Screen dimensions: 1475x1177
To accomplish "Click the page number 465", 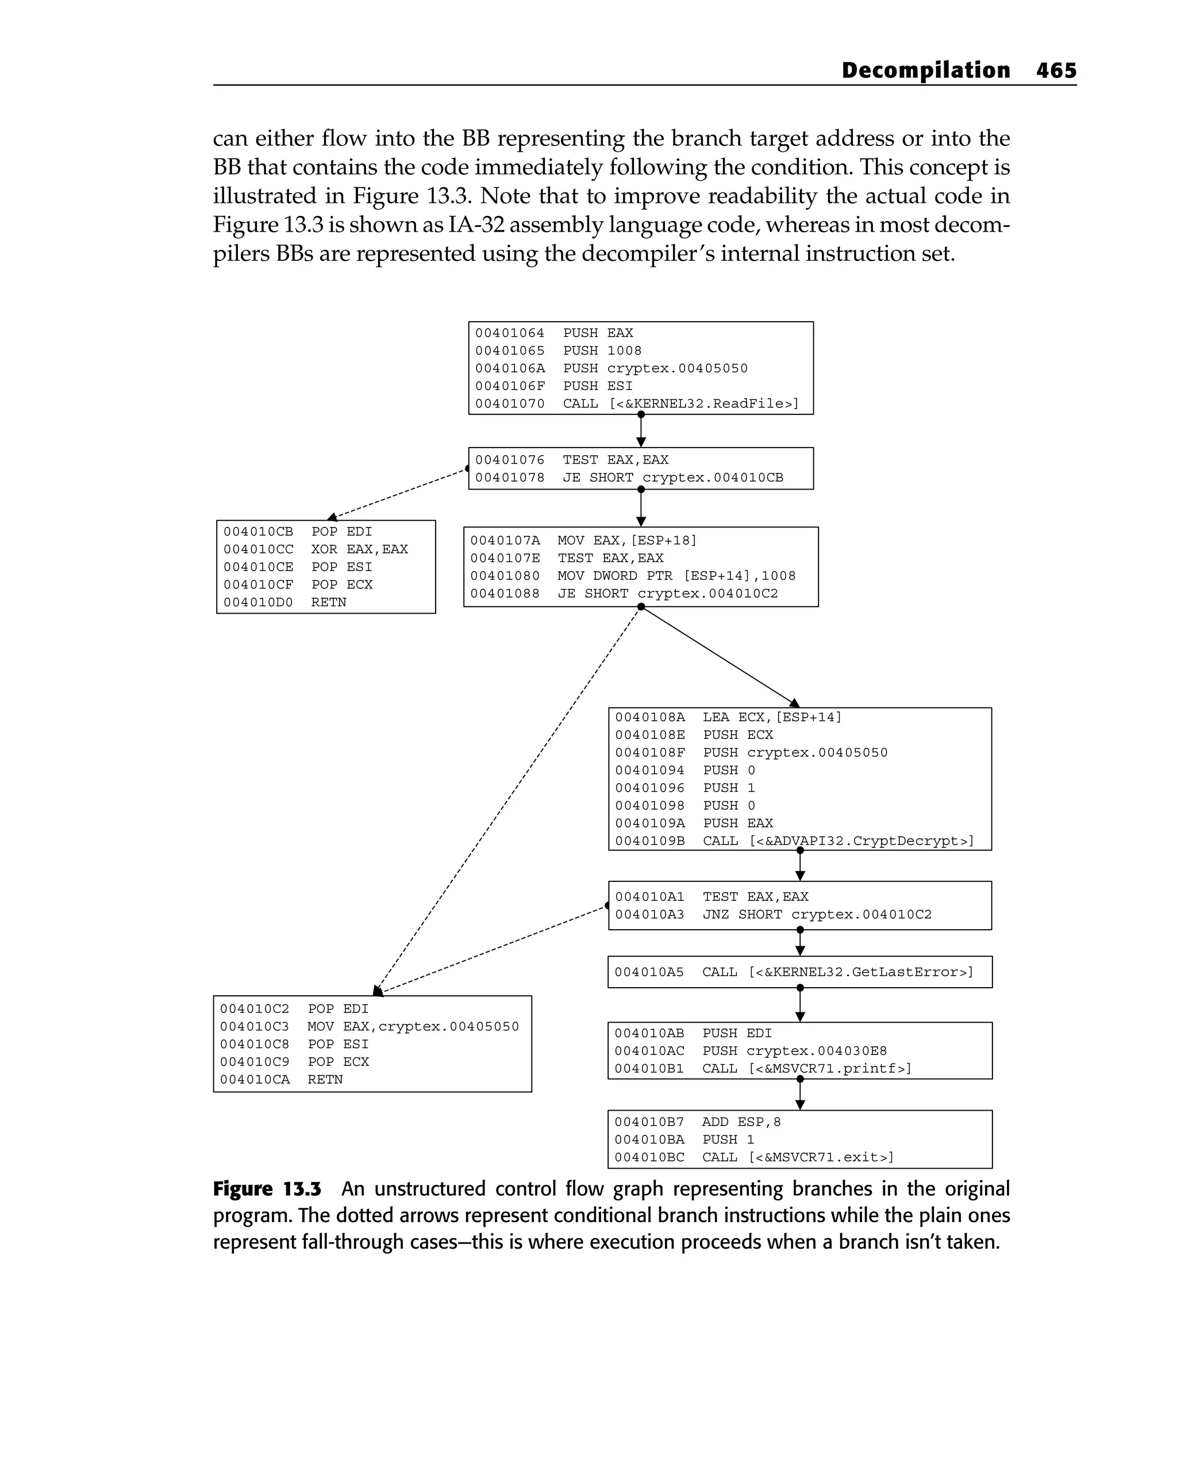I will click(1056, 71).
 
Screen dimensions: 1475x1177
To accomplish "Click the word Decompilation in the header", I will click(925, 71).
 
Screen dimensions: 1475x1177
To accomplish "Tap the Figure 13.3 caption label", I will click(267, 1189).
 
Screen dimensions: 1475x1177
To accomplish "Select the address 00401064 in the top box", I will click(510, 333).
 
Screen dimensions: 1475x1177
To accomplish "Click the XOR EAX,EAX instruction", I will click(359, 549).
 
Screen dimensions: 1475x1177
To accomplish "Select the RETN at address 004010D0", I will click(329, 603).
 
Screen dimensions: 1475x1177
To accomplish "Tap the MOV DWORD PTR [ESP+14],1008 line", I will click(676, 576).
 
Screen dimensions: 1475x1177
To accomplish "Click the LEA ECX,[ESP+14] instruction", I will click(772, 718).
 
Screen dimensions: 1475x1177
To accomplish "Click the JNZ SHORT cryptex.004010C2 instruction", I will click(817, 915).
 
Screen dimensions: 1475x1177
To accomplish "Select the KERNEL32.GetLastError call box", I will click(799, 972).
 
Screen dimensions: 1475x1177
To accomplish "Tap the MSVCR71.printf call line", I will click(807, 1069).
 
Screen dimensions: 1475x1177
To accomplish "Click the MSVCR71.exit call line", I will click(798, 1158).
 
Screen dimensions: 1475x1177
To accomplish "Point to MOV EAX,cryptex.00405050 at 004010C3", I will click(413, 1027).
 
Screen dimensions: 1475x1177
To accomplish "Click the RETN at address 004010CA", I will click(325, 1080).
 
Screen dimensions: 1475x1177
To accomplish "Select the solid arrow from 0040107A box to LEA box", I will click(718, 657).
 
